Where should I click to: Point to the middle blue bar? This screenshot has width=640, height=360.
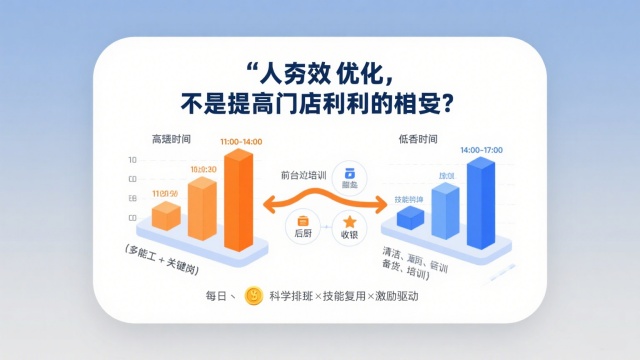coord(446,210)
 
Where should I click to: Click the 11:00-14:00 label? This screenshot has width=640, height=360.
coord(240,142)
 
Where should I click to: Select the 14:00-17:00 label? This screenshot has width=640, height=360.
coord(481,150)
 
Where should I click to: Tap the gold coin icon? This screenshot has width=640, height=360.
coord(255,296)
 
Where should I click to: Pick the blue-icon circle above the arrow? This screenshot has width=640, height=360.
coord(350,177)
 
